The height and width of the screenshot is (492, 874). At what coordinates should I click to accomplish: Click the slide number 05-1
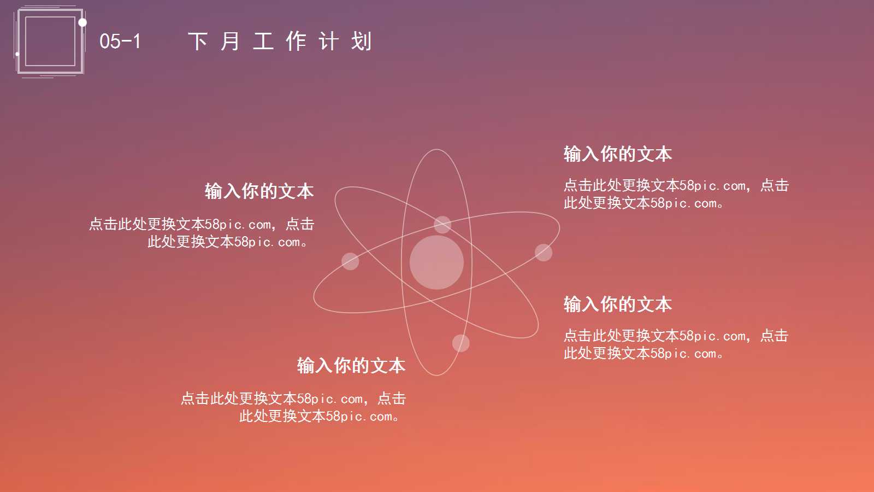[x=120, y=41]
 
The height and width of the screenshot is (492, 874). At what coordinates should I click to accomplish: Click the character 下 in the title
[x=197, y=42]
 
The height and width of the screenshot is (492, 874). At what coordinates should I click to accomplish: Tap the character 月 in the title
[x=230, y=42]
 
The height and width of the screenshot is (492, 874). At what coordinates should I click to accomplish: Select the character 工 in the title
[x=263, y=42]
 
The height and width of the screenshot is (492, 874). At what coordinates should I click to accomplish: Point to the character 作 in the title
[x=296, y=42]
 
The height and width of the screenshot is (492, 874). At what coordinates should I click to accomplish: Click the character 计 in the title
[x=328, y=42]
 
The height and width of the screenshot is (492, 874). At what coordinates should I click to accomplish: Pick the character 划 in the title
[x=361, y=42]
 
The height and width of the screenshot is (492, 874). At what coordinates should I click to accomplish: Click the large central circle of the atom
[x=436, y=262]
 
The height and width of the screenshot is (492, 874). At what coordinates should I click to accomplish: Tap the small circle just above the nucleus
[x=442, y=224]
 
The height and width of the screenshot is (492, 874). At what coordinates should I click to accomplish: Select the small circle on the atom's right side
[x=544, y=253]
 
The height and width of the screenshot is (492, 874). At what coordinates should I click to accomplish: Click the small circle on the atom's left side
[x=350, y=261]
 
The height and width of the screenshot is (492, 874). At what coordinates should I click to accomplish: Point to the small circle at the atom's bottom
[x=460, y=343]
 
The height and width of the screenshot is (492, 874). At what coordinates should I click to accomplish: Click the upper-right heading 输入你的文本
[x=617, y=154]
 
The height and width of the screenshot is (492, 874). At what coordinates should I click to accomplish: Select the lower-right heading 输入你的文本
[x=617, y=304]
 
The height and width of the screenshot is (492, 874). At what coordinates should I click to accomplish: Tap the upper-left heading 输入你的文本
[x=259, y=191]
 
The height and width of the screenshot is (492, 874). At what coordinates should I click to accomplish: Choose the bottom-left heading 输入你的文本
[x=351, y=366]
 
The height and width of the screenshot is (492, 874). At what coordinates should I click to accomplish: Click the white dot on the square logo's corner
[x=82, y=22]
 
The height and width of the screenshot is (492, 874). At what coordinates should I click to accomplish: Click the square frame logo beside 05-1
[x=50, y=42]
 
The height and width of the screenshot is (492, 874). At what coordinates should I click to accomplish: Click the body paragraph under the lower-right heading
[x=676, y=344]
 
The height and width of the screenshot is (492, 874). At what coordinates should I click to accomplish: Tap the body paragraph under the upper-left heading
[x=202, y=233]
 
